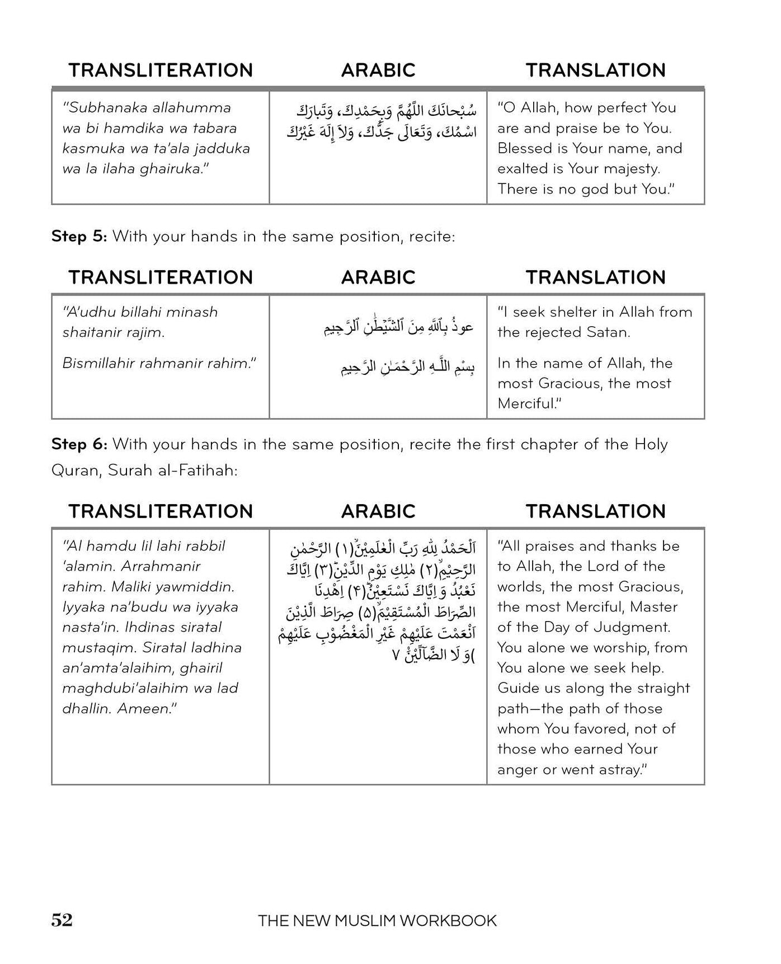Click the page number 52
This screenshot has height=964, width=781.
62,920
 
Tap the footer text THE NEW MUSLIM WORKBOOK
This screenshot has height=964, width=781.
377,920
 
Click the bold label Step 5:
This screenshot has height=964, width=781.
79,236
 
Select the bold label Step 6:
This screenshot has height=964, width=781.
79,444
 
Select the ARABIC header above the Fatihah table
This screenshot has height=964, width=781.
378,511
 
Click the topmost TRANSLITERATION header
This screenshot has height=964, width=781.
161,70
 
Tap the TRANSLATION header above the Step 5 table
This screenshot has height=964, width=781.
595,277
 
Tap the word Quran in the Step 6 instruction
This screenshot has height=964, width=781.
74,470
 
